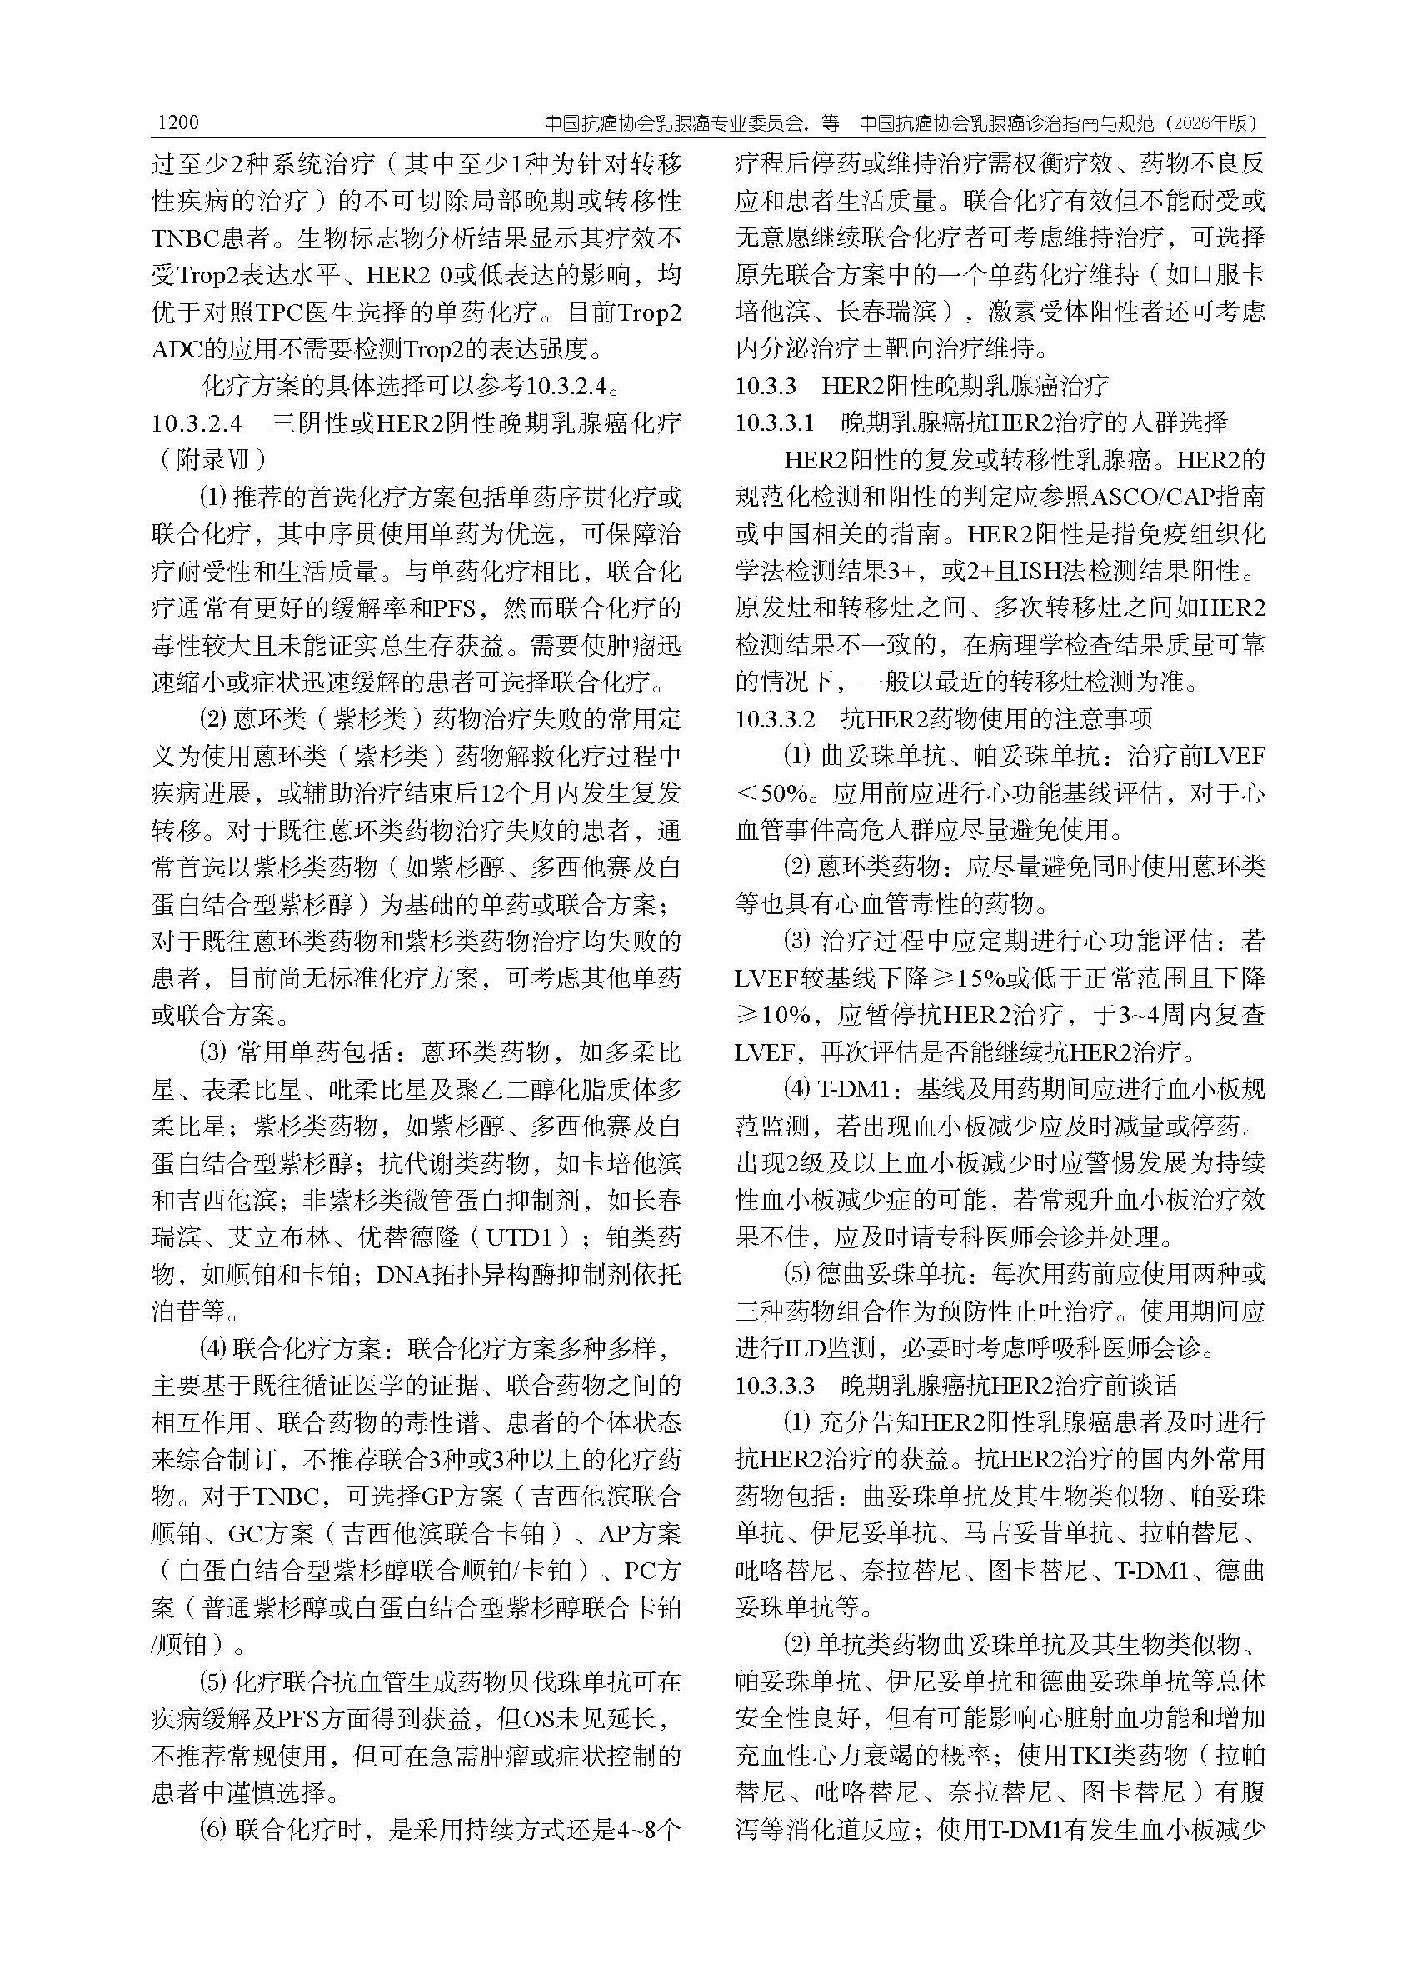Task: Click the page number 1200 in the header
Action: [x=178, y=123]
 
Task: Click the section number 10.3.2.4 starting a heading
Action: [x=196, y=424]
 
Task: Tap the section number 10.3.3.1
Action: [x=775, y=423]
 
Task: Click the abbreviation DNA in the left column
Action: [x=402, y=1275]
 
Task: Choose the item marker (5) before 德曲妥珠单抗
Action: [x=796, y=1274]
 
